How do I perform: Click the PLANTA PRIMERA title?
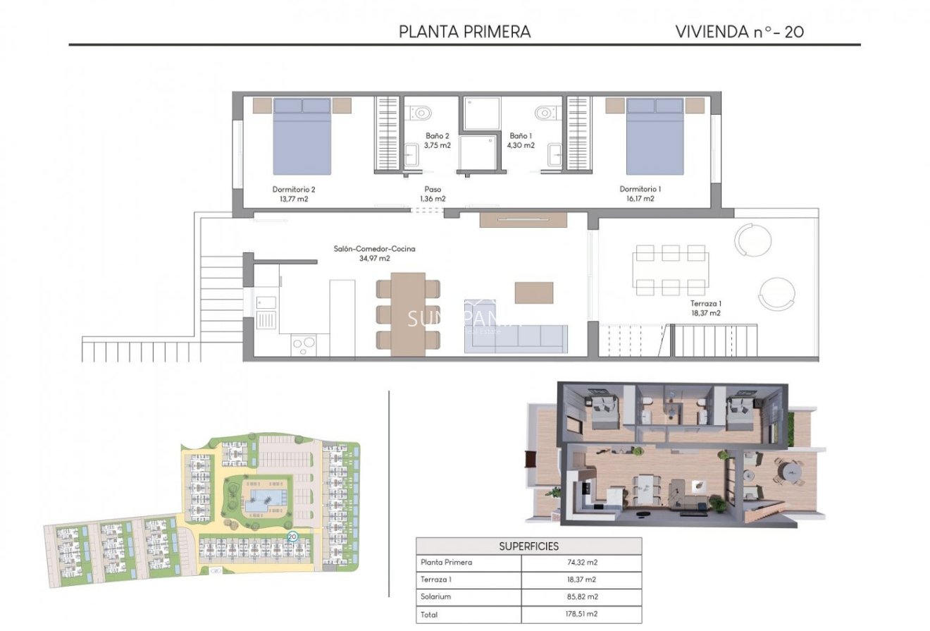pyautogui.click(x=464, y=32)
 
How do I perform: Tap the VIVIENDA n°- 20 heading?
pyautogui.click(x=739, y=32)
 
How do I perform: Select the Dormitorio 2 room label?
pyautogui.click(x=293, y=194)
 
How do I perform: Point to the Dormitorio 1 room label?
pyautogui.click(x=640, y=194)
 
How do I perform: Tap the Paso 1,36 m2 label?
pyautogui.click(x=433, y=194)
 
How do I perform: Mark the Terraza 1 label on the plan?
pyautogui.click(x=706, y=308)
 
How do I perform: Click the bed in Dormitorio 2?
pyautogui.click(x=302, y=137)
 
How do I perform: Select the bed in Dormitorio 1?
pyautogui.click(x=655, y=137)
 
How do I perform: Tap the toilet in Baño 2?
pyautogui.click(x=421, y=113)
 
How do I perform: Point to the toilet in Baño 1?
pyautogui.click(x=545, y=113)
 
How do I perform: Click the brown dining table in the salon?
pyautogui.click(x=408, y=314)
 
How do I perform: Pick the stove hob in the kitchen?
pyautogui.click(x=304, y=345)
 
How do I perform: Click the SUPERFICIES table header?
pyautogui.click(x=528, y=546)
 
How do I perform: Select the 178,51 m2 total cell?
pyautogui.click(x=581, y=615)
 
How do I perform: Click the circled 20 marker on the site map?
pyautogui.click(x=292, y=537)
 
